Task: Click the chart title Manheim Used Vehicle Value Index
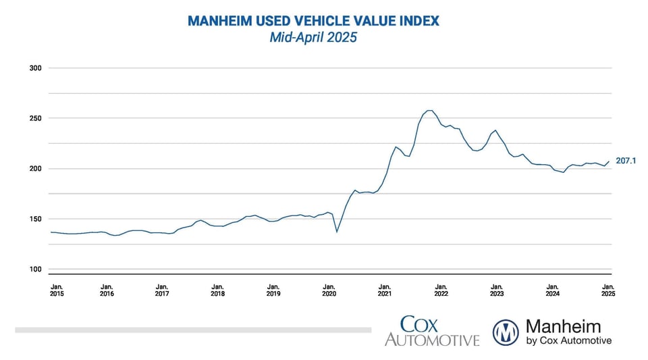coord(313,21)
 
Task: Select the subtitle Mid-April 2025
coord(313,38)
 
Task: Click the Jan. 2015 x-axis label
coord(58,290)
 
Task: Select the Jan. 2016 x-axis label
coord(107,290)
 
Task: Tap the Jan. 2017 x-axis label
coord(162,290)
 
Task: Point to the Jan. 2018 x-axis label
coord(217,290)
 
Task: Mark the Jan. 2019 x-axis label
coord(273,290)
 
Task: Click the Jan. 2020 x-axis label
coord(329,290)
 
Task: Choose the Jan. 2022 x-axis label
coord(440,290)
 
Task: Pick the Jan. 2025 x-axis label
coord(607,290)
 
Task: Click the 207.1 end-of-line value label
coord(627,161)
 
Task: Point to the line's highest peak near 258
coord(429,110)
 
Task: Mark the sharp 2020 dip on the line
coord(337,232)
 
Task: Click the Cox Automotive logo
coord(432,331)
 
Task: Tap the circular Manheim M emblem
coord(506,332)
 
